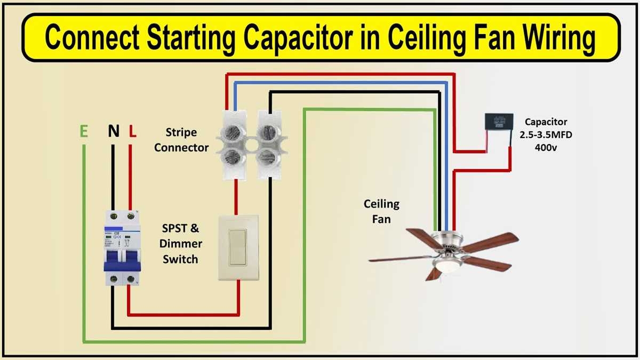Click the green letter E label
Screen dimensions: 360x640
point(83,132)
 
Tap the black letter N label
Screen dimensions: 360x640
point(113,132)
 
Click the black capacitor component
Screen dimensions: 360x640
point(499,122)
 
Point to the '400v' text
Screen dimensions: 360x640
point(546,147)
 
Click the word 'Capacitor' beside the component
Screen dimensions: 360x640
point(546,122)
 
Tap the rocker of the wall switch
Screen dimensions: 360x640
point(238,247)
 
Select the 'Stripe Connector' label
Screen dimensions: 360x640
point(181,140)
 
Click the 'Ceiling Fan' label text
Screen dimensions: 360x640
point(381,211)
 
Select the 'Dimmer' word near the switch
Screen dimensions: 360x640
point(181,244)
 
